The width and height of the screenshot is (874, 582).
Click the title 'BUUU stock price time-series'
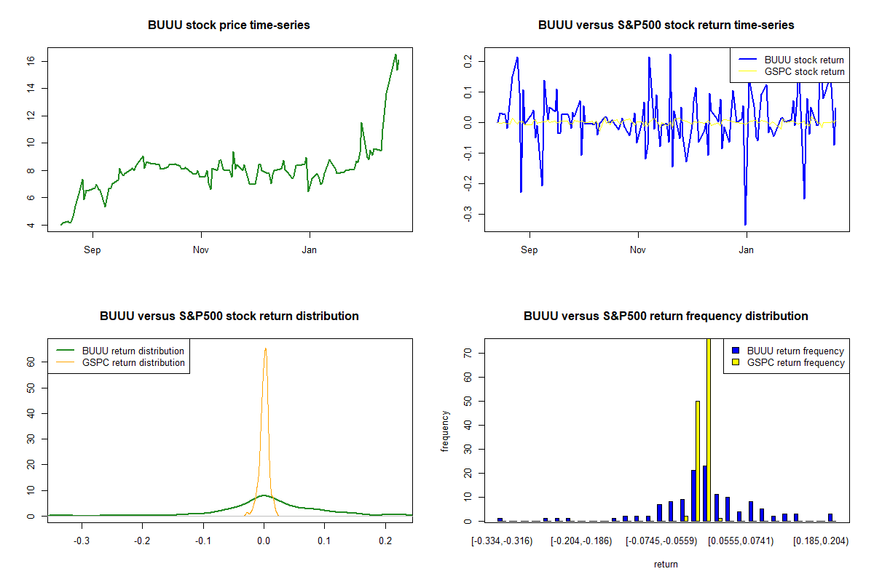(x=229, y=25)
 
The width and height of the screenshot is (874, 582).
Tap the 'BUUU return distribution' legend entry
(x=120, y=351)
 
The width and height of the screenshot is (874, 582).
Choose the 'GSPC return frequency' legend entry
(x=788, y=362)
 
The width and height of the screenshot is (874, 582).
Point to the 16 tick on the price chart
(x=31, y=61)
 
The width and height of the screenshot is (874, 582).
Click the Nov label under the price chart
(x=201, y=250)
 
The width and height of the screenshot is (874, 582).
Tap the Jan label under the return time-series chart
(x=746, y=250)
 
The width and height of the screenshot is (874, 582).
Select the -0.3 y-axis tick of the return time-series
(x=468, y=214)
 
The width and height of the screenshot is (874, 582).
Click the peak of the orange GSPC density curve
(x=265, y=348)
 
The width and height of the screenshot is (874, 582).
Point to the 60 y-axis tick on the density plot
(x=31, y=362)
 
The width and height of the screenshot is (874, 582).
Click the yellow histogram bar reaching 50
(x=698, y=461)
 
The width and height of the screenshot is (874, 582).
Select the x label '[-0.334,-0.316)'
(x=502, y=541)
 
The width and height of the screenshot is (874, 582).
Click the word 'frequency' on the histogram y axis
(x=445, y=431)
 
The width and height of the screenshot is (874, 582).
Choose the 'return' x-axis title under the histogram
(x=666, y=564)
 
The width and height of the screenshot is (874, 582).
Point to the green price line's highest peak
(x=395, y=55)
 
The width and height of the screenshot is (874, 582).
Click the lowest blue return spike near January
(x=745, y=225)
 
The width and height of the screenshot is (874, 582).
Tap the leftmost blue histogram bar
(x=500, y=519)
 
